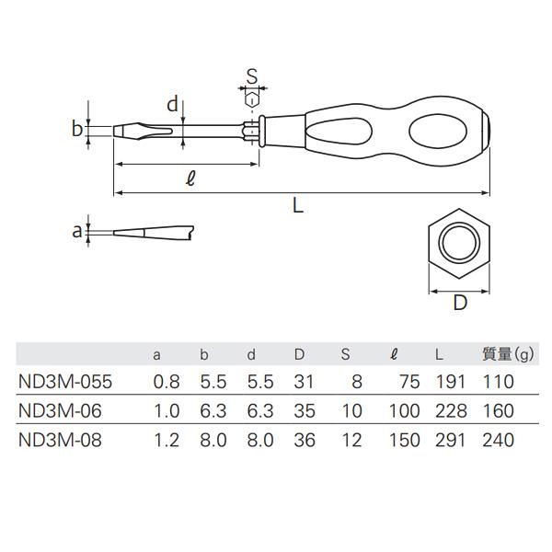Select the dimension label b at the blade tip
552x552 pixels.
click(x=77, y=128)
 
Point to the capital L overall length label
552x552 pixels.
click(x=297, y=207)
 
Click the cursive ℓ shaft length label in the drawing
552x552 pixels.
click(x=190, y=178)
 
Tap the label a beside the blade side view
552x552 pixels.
click(x=77, y=231)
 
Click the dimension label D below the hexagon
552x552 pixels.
click(x=460, y=302)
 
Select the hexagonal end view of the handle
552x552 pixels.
click(x=460, y=245)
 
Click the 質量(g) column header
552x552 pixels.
click(x=509, y=352)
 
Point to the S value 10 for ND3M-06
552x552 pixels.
click(x=351, y=409)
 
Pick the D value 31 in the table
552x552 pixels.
click(x=304, y=380)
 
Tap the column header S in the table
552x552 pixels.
click(x=345, y=352)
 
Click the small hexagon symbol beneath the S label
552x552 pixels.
click(x=251, y=97)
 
